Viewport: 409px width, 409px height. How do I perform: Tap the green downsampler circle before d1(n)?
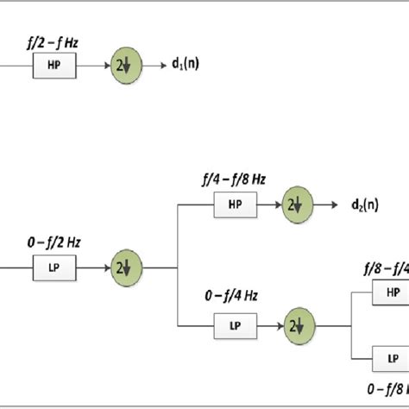pyautogui.click(x=122, y=65)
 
